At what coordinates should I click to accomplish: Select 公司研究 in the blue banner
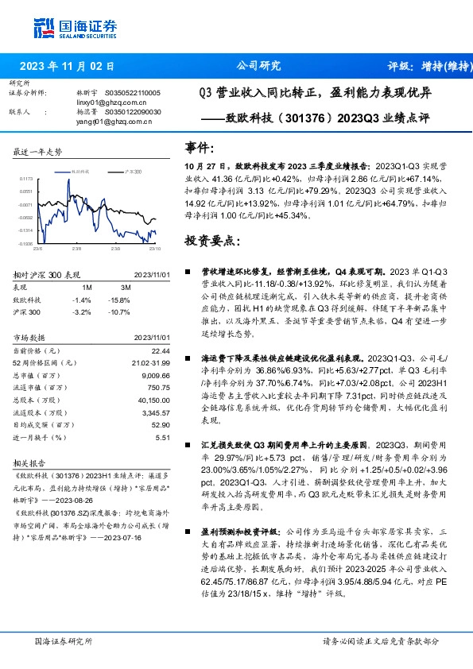click(x=259, y=67)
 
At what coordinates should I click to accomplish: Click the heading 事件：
click(x=200, y=147)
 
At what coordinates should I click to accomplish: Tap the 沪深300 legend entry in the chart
click(x=133, y=172)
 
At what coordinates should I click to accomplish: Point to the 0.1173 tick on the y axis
click(x=25, y=180)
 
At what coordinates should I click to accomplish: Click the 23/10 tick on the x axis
click(x=150, y=248)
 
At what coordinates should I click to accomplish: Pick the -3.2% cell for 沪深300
click(x=82, y=312)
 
